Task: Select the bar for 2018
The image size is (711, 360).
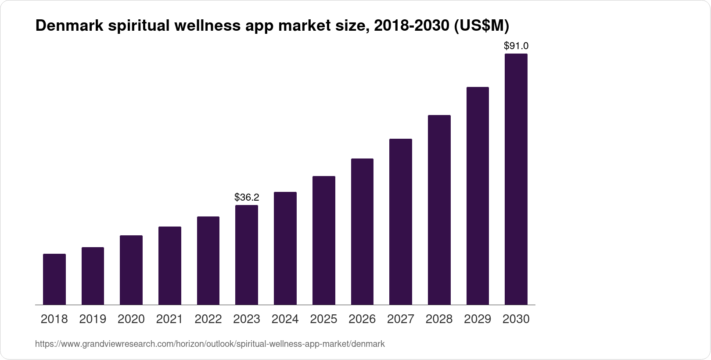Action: [x=54, y=279]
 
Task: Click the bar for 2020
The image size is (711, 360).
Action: [x=131, y=270]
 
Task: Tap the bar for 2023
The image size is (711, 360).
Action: [x=247, y=255]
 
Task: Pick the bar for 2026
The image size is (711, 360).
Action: [x=362, y=231]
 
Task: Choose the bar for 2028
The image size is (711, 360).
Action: [x=439, y=210]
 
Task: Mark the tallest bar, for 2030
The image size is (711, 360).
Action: [x=516, y=179]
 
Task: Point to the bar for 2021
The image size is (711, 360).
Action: [x=170, y=266]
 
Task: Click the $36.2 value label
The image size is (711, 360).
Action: [x=247, y=198]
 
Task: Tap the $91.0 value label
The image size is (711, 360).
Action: [x=516, y=46]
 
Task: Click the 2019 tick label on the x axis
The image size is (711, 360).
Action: [x=93, y=319]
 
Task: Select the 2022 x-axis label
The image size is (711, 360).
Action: [x=208, y=319]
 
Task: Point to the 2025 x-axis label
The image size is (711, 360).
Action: [x=323, y=319]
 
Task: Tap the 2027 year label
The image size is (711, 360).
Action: [x=401, y=319]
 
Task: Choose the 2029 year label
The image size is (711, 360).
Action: [x=478, y=319]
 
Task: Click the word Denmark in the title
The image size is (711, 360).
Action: [x=69, y=26]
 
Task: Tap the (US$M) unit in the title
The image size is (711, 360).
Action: [x=482, y=26]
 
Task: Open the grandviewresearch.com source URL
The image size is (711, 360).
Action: [x=210, y=344]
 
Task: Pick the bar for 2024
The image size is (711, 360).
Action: [x=285, y=248]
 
